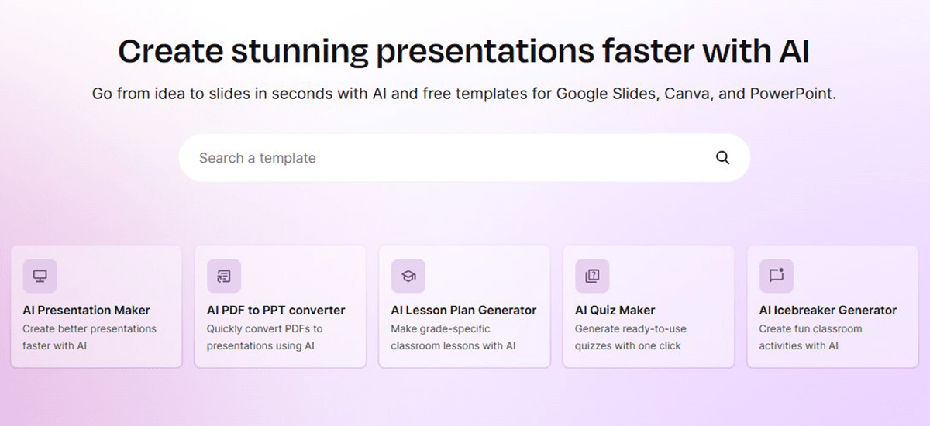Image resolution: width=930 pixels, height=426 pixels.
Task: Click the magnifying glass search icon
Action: click(722, 158)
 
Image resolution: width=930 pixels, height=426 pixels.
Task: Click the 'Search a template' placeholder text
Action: click(257, 158)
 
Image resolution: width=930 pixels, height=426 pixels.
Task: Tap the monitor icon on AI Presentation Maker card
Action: click(40, 276)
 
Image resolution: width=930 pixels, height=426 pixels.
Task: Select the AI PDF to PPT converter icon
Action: click(224, 276)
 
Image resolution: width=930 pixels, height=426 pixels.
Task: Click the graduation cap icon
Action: click(408, 276)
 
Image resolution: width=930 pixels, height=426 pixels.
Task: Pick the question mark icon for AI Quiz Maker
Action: click(592, 276)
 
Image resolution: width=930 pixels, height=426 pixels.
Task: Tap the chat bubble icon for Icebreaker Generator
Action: click(777, 275)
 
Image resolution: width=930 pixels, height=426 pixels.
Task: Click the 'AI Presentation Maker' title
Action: click(86, 311)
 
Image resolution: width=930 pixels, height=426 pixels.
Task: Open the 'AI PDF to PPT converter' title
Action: click(276, 311)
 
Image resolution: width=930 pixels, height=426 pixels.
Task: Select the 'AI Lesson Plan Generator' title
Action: click(463, 311)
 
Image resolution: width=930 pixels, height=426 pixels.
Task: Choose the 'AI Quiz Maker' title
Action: click(615, 311)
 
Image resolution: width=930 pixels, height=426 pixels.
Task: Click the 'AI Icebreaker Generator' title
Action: click(828, 311)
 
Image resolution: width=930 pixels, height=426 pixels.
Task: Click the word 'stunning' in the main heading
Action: click(299, 52)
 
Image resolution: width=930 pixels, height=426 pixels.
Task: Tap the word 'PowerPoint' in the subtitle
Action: click(793, 94)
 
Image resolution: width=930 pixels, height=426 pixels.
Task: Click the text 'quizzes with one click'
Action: click(628, 345)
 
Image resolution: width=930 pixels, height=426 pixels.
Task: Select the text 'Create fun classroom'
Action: click(811, 328)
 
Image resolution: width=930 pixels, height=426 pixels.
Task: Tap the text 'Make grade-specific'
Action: click(440, 329)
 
